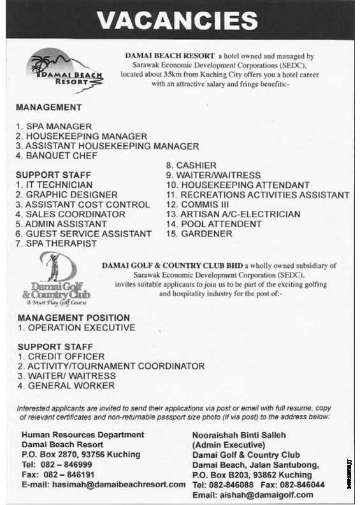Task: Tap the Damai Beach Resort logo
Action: [64, 69]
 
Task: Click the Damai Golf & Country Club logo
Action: [57, 276]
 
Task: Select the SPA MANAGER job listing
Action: [54, 127]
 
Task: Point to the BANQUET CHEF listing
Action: [57, 155]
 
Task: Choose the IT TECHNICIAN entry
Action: [54, 185]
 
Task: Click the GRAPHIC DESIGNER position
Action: [67, 195]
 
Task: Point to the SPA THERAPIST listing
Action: [57, 243]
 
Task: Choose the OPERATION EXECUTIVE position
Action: [76, 327]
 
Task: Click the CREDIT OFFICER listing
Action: [61, 357]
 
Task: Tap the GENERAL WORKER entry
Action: [66, 385]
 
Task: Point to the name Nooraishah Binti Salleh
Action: [239, 435]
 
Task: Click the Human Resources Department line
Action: [83, 434]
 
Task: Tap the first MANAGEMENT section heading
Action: [49, 108]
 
